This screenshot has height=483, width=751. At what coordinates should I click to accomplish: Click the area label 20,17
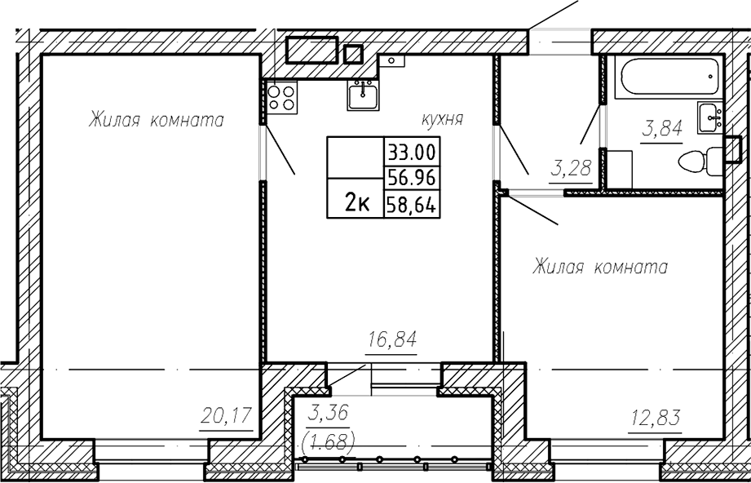click(x=226, y=416)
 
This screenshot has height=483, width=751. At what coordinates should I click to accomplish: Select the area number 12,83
click(x=654, y=419)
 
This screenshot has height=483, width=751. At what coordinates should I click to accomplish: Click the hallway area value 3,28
click(x=571, y=169)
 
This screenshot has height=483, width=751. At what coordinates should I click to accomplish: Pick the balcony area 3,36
click(x=328, y=412)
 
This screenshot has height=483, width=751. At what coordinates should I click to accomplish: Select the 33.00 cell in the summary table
click(x=412, y=152)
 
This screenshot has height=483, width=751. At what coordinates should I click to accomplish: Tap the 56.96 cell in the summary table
click(x=412, y=179)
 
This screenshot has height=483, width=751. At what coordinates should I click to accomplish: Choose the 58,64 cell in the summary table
click(x=412, y=205)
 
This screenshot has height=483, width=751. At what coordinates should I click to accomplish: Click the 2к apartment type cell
click(x=356, y=205)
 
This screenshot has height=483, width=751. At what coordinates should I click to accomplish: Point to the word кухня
click(x=442, y=119)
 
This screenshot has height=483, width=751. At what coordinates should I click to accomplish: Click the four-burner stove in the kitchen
click(x=281, y=97)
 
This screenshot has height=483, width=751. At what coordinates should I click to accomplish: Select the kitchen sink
click(x=363, y=95)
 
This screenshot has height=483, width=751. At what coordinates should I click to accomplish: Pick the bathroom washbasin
click(x=709, y=118)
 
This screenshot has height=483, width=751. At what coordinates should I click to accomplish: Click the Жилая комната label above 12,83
click(x=599, y=267)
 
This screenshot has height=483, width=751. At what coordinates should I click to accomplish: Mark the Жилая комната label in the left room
click(x=156, y=120)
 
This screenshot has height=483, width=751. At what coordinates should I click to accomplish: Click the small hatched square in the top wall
click(x=353, y=54)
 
